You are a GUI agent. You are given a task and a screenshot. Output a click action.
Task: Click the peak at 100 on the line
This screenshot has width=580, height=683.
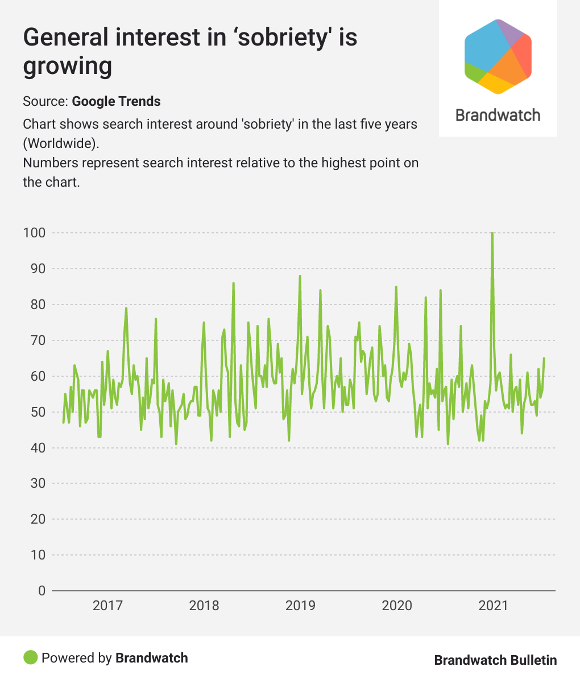pyautogui.click(x=492, y=233)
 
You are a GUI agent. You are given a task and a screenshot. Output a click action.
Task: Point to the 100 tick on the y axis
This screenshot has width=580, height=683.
pyautogui.click(x=34, y=233)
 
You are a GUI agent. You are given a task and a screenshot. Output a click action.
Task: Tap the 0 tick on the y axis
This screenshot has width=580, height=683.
pyautogui.click(x=41, y=590)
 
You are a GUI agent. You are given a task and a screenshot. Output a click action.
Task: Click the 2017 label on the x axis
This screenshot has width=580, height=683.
pyautogui.click(x=107, y=605)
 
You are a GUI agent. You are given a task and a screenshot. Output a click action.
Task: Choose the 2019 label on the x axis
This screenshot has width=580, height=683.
pyautogui.click(x=300, y=605)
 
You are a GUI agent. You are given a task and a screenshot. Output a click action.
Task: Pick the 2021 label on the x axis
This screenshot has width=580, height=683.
pyautogui.click(x=493, y=605)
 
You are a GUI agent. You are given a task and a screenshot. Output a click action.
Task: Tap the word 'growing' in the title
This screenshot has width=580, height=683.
pyautogui.click(x=67, y=66)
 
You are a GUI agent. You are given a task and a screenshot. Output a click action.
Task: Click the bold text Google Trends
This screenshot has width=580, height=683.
pyautogui.click(x=116, y=101)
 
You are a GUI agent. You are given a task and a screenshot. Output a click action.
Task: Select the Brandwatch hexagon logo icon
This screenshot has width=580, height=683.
pyautogui.click(x=498, y=56)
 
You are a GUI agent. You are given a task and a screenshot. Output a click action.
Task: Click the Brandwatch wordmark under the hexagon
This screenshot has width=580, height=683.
pyautogui.click(x=498, y=115)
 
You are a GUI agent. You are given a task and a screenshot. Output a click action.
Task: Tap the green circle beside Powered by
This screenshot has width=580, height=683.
pyautogui.click(x=30, y=658)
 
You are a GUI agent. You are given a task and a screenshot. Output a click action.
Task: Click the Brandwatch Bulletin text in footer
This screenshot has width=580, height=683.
pyautogui.click(x=495, y=660)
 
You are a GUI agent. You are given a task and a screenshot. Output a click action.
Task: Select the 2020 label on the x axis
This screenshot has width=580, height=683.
pyautogui.click(x=397, y=605)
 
